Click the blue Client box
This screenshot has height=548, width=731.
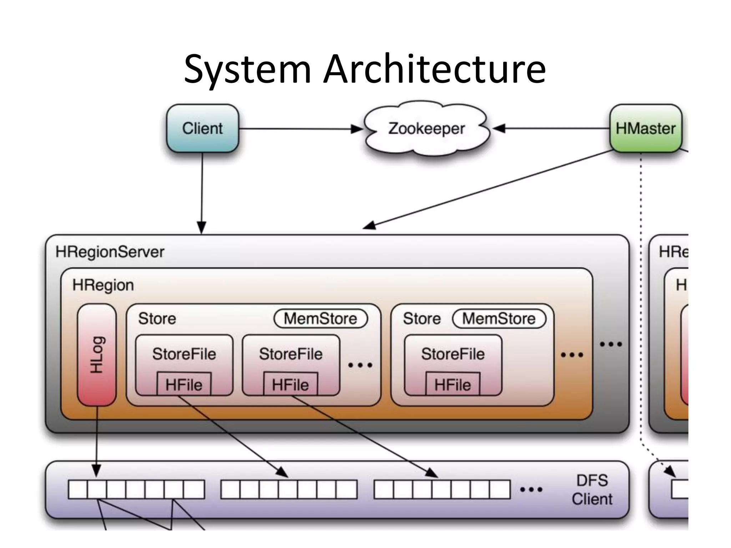[202, 128]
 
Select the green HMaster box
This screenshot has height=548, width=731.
[645, 128]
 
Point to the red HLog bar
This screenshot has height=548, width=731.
[97, 355]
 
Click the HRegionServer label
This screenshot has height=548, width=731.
[110, 252]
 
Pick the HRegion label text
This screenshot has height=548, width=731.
[103, 285]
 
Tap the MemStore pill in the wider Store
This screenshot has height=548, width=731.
[320, 319]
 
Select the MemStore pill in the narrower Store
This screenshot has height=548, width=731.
[499, 319]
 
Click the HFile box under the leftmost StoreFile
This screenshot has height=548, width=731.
[184, 385]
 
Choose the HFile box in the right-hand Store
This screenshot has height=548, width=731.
[453, 385]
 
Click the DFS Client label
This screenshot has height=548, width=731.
[592, 489]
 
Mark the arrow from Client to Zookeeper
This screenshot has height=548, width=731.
[300, 129]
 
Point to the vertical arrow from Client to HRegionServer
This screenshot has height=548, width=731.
[202, 193]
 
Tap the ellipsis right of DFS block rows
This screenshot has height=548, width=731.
[531, 489]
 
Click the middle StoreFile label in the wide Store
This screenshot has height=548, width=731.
[291, 354]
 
